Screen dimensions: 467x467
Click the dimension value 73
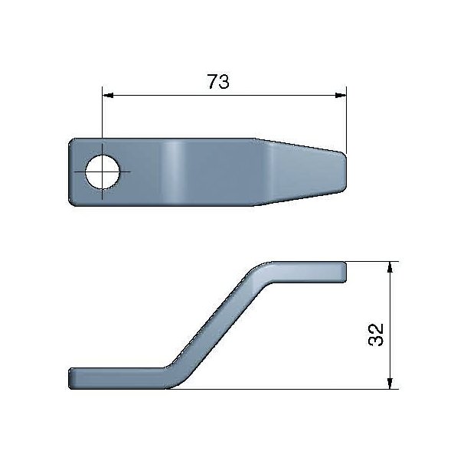(218, 82)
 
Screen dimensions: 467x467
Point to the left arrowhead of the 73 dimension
(107, 96)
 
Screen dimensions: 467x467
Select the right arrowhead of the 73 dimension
(341, 96)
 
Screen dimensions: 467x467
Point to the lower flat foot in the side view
(115, 377)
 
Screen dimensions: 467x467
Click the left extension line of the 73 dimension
(101, 122)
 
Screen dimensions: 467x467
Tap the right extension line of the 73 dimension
(347, 122)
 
